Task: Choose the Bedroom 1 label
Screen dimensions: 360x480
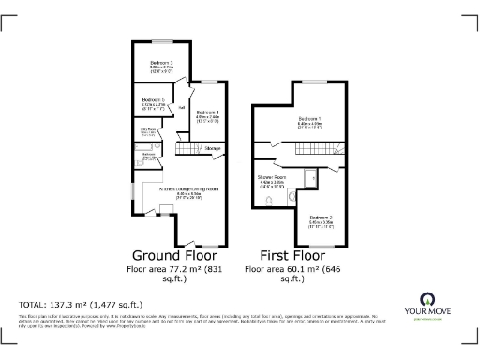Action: coord(309,119)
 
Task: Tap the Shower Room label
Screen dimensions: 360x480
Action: coord(272,176)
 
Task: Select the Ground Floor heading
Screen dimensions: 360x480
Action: coord(168,254)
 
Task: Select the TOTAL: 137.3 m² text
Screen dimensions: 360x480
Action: coord(74,306)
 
